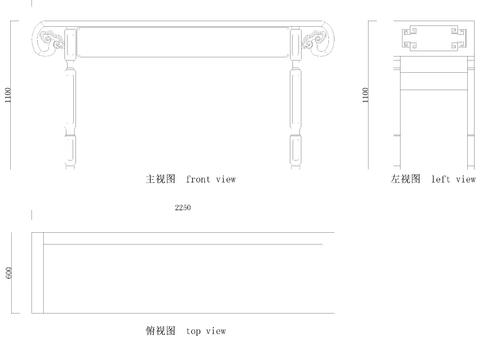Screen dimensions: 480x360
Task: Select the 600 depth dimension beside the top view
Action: [x=10, y=273]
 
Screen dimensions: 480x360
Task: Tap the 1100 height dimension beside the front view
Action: [x=9, y=96]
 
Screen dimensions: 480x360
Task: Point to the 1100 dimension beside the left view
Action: [x=367, y=96]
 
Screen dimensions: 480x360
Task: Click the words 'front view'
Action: [x=211, y=179]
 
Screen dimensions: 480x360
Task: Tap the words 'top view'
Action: [x=206, y=330]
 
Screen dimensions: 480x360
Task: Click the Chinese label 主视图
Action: [x=161, y=179]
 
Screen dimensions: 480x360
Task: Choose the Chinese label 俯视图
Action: [x=161, y=330]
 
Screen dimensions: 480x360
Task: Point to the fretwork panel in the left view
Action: [x=432, y=39]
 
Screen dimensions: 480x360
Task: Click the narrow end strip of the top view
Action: [x=37, y=273]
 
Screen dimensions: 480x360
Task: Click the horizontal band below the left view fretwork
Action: [x=432, y=69]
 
